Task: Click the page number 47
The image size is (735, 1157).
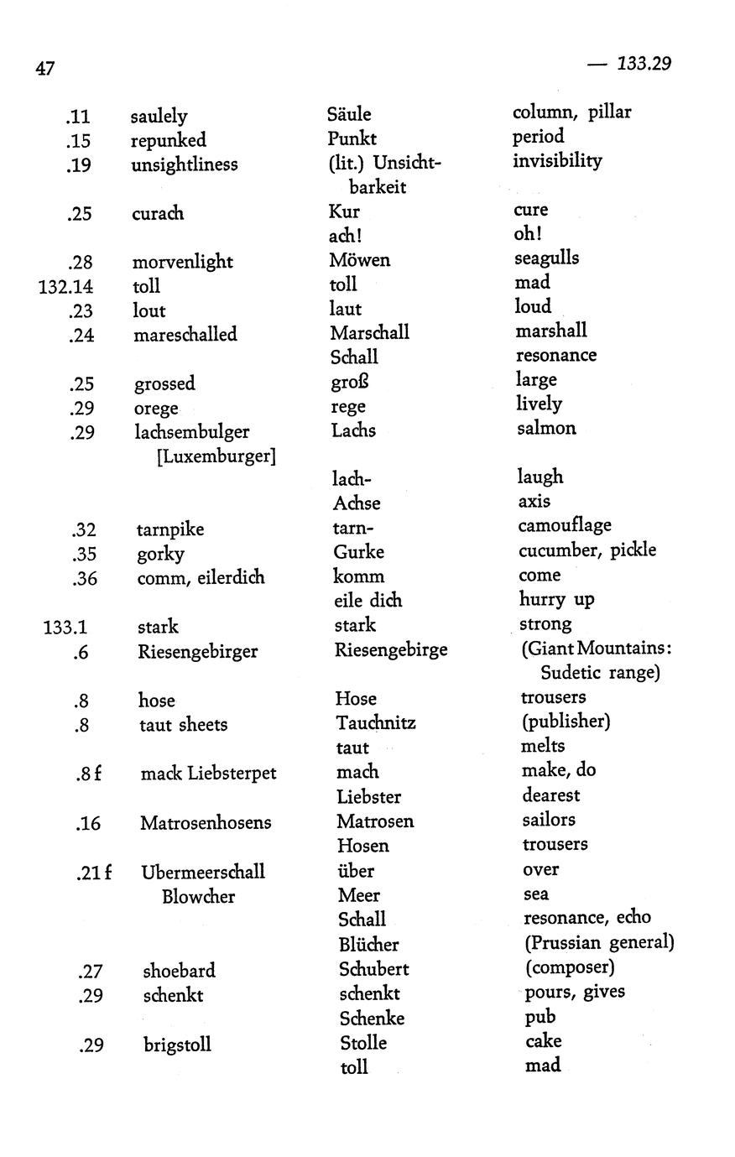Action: coord(45,68)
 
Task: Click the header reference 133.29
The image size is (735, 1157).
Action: coord(644,64)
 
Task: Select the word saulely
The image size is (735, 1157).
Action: coord(159,117)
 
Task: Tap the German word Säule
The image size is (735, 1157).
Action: coord(349,114)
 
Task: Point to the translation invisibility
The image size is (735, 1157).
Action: coord(557,160)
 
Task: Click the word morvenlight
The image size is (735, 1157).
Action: coord(182,262)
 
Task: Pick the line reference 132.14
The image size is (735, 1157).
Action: coord(65,286)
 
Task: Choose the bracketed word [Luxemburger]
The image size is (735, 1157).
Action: coord(216,457)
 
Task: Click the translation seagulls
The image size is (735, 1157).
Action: coord(546,258)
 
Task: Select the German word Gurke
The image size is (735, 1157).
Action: coord(358,552)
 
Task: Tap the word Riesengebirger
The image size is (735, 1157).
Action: coord(197,651)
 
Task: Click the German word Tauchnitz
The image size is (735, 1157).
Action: coord(376,722)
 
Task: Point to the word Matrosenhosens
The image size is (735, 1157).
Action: coord(206,823)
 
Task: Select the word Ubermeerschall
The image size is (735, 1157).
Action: coord(203,872)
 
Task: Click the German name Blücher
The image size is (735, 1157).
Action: coord(368,945)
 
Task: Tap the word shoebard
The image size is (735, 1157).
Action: coord(179,971)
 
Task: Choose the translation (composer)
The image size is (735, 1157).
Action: coord(570,967)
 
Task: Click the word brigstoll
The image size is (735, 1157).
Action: coord(177,1045)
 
